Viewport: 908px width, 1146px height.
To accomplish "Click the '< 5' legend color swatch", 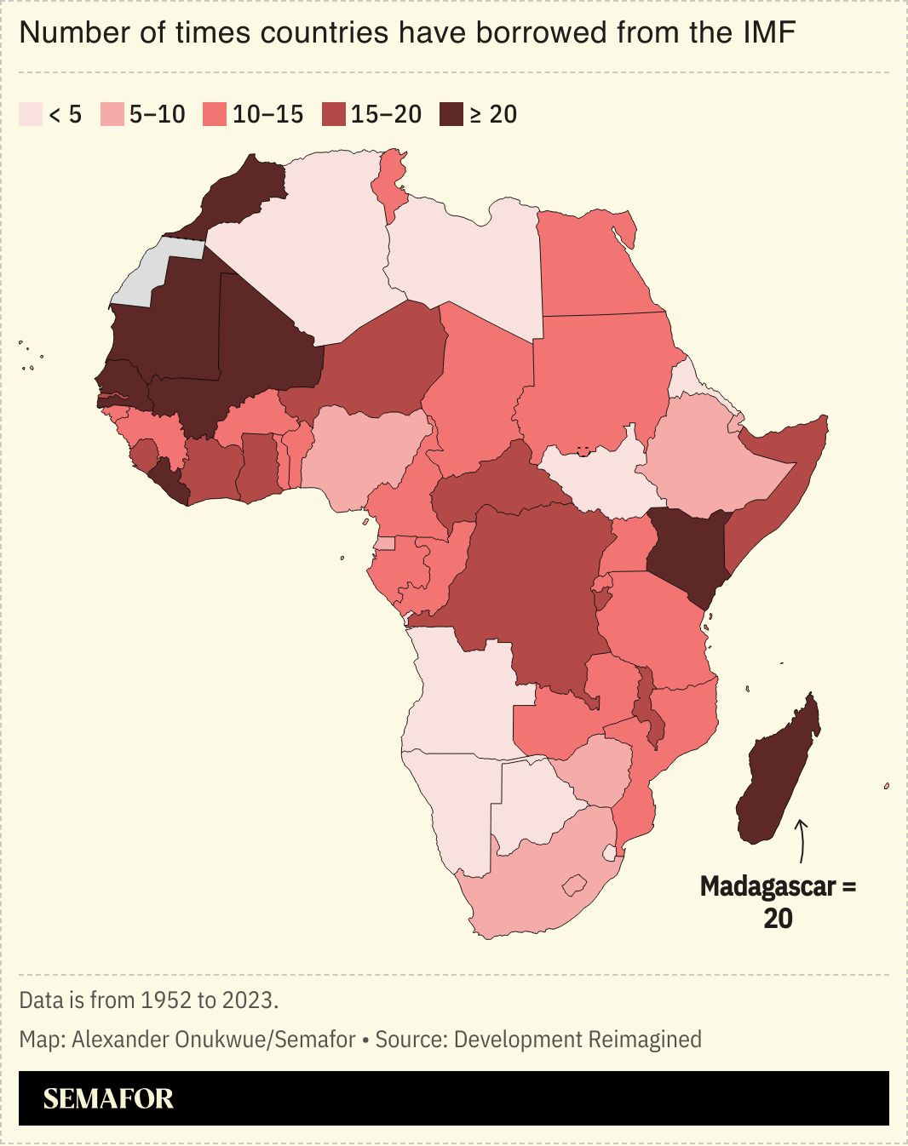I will [x=30, y=114].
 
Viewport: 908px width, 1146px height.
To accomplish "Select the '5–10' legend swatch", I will [x=112, y=114].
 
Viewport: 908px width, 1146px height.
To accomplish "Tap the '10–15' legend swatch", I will [x=215, y=114].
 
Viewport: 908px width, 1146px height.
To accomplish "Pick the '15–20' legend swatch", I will [x=334, y=114].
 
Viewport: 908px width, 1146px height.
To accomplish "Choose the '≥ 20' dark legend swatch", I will [x=451, y=114].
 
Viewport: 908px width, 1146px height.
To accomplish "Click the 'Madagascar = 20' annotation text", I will [x=778, y=902].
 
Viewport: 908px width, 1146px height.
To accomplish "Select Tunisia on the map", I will [x=392, y=183].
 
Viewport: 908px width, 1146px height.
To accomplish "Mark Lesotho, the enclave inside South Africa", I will [x=576, y=885].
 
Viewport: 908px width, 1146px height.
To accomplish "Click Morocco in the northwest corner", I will [x=243, y=192].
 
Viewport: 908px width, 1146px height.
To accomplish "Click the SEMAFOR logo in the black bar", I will [x=108, y=1098].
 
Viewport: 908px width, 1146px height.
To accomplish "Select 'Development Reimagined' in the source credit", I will [x=578, y=1040].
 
